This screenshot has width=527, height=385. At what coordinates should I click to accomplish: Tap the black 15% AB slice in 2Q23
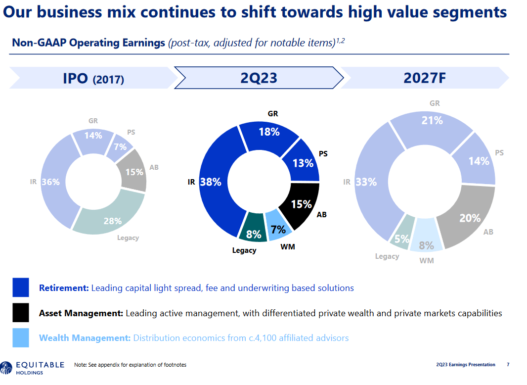[300, 204]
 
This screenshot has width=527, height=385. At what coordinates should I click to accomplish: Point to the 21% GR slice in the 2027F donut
[432, 121]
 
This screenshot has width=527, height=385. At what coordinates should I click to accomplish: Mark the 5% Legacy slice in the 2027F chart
[401, 238]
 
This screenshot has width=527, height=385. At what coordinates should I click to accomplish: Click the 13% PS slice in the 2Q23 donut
[302, 162]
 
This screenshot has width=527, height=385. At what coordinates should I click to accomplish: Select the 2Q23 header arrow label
[259, 78]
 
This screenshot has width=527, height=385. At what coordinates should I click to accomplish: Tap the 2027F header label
[425, 78]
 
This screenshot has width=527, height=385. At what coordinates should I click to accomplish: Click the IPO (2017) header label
[93, 78]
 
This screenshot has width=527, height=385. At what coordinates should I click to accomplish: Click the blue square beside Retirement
[21, 288]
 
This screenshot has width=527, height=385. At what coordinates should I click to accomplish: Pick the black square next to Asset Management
[21, 313]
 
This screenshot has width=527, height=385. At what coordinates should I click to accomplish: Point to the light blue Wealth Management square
[21, 338]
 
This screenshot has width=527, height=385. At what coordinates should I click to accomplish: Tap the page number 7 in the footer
[508, 365]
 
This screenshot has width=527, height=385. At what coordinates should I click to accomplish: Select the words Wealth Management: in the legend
[85, 338]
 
